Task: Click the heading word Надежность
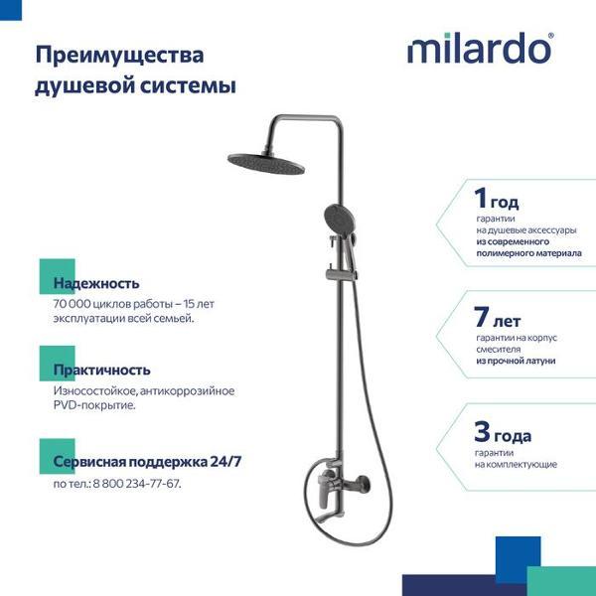click(x=96, y=283)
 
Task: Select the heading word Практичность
click(x=102, y=371)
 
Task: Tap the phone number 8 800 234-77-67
click(x=136, y=483)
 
